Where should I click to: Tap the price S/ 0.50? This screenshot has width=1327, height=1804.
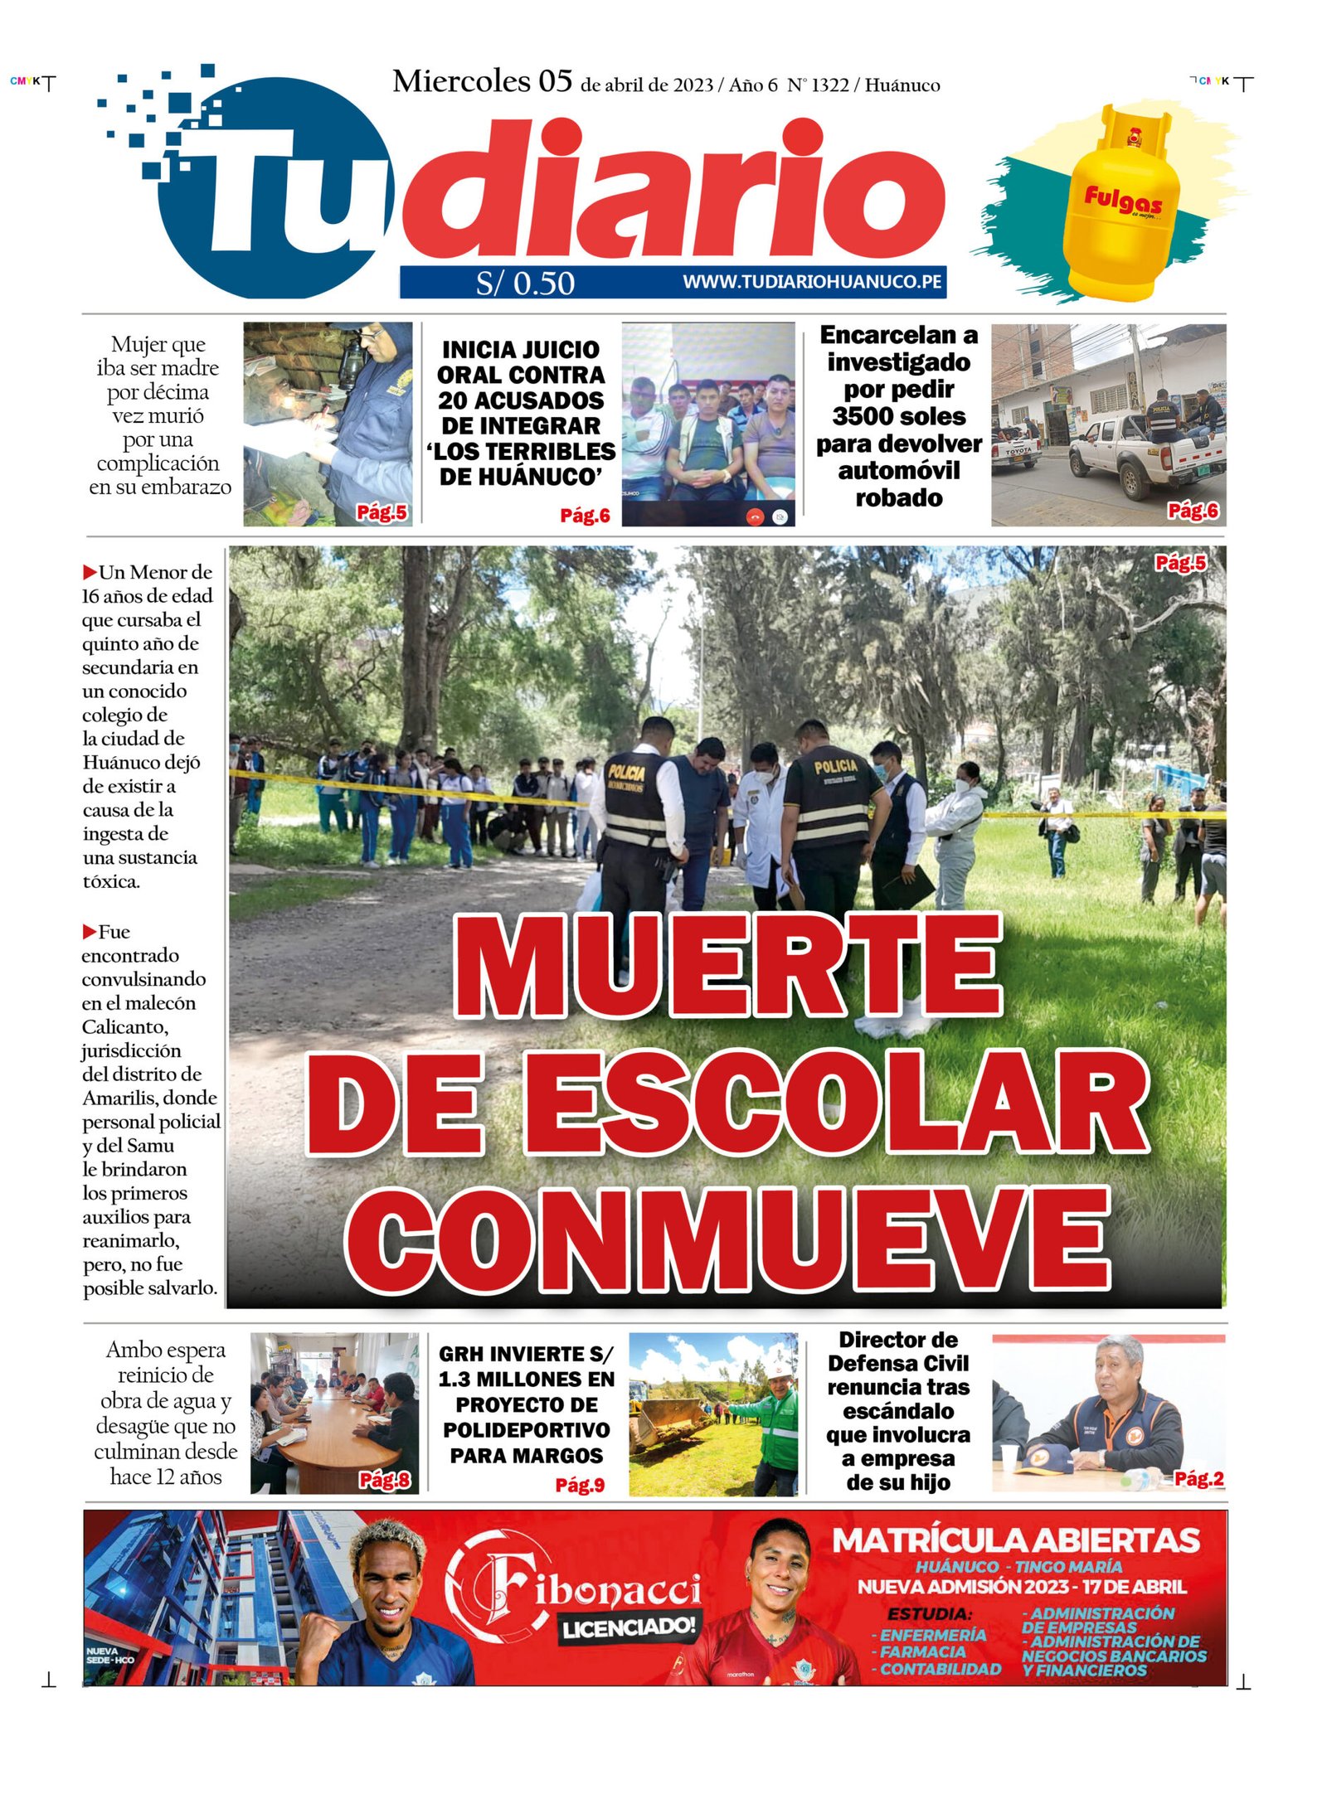524,284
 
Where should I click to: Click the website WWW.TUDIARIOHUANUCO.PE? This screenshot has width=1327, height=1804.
811,282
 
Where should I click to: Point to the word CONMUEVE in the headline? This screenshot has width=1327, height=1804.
727,1238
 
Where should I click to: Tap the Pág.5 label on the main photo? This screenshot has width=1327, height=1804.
1179,564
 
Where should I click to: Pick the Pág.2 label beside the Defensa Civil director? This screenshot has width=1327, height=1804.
1198,1478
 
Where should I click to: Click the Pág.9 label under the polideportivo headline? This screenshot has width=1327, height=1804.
579,1485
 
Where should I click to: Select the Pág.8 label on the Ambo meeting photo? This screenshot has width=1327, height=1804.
384,1480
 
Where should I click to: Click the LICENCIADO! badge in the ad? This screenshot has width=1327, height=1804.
628,1627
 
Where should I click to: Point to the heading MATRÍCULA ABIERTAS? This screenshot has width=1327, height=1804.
1015,1541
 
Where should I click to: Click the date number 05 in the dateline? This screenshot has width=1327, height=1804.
555,82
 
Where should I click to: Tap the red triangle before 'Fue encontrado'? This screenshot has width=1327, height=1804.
89,932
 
